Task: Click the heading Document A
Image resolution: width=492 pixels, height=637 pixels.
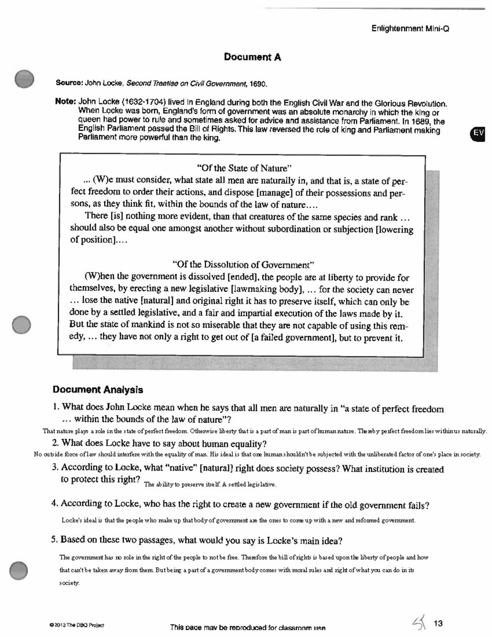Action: (252, 57)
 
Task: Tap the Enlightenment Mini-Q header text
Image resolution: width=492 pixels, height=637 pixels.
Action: (410, 29)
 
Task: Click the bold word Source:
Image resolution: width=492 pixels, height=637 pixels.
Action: (69, 83)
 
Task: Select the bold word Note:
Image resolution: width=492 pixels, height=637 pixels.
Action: (66, 101)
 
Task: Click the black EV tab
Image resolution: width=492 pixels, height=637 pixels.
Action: (478, 133)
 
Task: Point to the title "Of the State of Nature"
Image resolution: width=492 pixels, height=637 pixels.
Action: (244, 168)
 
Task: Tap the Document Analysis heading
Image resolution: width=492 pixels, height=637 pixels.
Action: (98, 389)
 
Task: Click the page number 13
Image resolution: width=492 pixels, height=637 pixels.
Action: (438, 623)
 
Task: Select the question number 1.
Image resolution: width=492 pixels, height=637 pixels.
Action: (56, 407)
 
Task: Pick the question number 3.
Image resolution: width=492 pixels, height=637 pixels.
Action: (54, 467)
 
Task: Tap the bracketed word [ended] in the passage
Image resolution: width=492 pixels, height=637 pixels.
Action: (243, 277)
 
